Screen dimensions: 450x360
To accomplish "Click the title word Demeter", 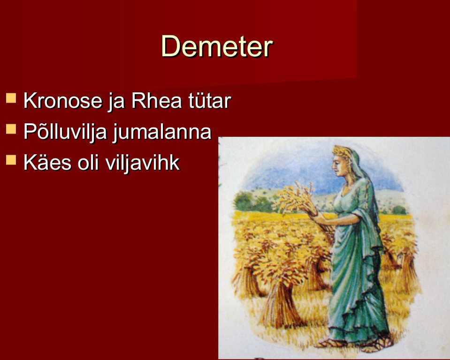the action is click(x=217, y=46).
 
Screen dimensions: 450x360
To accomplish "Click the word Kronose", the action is click(x=63, y=101).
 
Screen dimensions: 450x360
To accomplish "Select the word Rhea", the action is click(x=156, y=101).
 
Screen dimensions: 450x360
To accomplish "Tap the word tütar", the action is click(x=209, y=101).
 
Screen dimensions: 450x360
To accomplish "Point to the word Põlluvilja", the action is click(x=65, y=132).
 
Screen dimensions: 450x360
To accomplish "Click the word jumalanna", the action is click(x=162, y=132).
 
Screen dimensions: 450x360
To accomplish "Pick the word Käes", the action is click(x=47, y=163).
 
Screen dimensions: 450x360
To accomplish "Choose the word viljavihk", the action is click(x=142, y=163).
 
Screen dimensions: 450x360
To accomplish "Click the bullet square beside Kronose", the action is click(x=11, y=98).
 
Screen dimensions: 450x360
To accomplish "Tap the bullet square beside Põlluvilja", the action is click(x=11, y=129).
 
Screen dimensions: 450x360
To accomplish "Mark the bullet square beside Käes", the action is click(x=11, y=160).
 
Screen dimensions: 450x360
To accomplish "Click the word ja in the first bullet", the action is click(x=117, y=103).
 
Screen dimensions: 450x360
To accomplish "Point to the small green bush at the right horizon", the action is click(x=399, y=210).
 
